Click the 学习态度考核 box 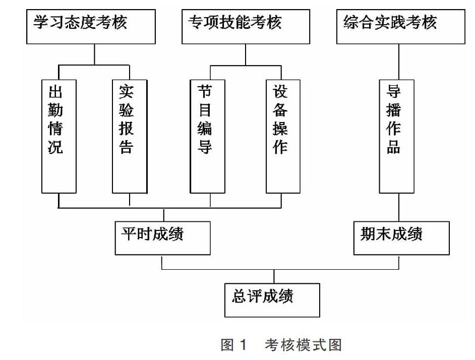(x=91, y=27)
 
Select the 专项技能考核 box (x=246, y=27)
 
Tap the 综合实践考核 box (x=401, y=27)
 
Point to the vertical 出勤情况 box (x=59, y=136)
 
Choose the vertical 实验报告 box (x=130, y=136)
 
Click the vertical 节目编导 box (x=208, y=136)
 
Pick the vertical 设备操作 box (x=283, y=136)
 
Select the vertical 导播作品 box (x=396, y=136)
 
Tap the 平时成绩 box (x=163, y=238)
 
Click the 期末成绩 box (x=401, y=238)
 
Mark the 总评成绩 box (x=272, y=301)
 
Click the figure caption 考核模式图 (x=303, y=345)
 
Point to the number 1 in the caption (x=243, y=345)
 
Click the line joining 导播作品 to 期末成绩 (x=399, y=207)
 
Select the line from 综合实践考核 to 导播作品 (x=399, y=62)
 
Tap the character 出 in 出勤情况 (x=55, y=92)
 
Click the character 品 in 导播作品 (x=393, y=146)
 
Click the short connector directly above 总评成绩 (x=274, y=276)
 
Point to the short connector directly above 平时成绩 (x=164, y=215)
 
